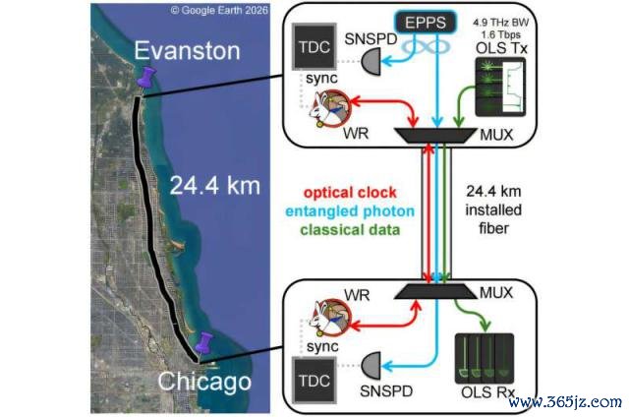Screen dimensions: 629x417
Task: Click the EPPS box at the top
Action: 426,22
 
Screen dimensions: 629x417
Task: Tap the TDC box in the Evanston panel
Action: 314,46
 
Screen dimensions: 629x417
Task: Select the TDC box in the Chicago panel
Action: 314,380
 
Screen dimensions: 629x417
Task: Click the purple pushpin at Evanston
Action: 146,78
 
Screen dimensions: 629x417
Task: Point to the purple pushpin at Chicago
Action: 204,343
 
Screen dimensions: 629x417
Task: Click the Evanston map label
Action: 187,50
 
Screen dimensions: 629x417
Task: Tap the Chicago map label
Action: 204,382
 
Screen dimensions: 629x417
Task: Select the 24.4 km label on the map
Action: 214,186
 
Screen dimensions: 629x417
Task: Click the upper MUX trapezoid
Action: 434,136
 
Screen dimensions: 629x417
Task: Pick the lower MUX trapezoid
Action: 435,292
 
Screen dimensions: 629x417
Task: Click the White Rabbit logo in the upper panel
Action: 330,109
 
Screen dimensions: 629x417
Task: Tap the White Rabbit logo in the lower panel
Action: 330,318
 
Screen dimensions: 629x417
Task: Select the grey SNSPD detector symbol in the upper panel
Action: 372,61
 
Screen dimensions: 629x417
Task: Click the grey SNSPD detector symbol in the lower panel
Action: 372,366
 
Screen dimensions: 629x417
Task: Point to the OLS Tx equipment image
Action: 500,88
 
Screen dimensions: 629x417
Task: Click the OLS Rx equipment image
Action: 485,358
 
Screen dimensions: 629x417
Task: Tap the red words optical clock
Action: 350,193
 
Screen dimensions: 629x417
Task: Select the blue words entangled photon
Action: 350,211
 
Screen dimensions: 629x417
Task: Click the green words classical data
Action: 350,230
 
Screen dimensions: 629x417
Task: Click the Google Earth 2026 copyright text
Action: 219,10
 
